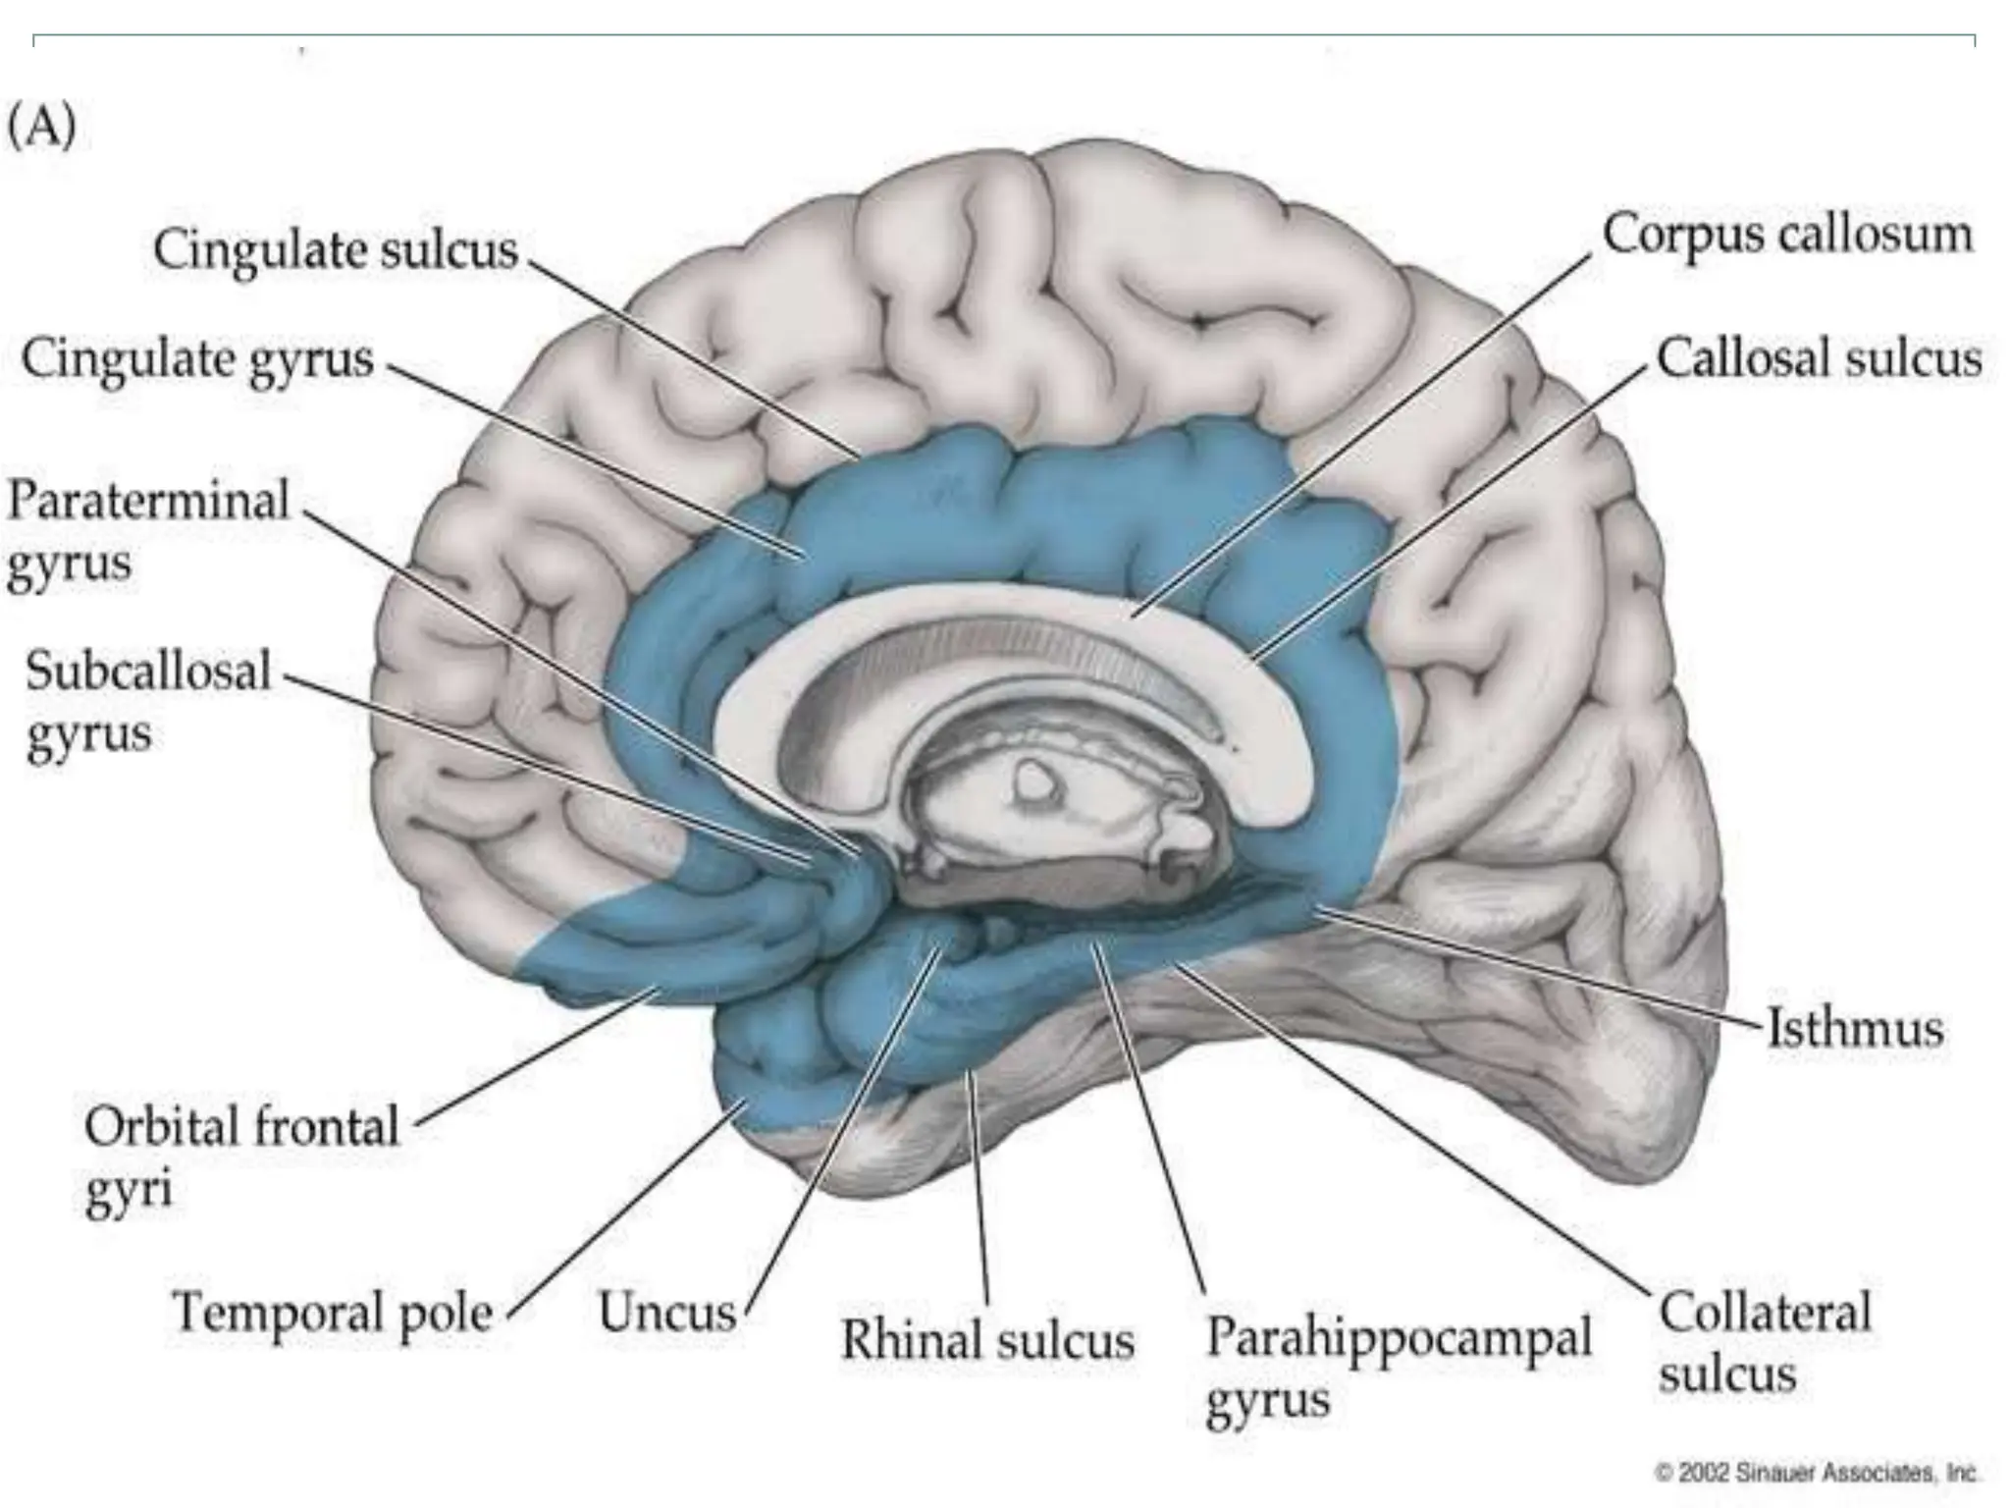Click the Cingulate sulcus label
(336, 249)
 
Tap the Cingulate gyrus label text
(198, 358)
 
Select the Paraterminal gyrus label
(147, 531)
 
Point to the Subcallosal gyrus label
(147, 701)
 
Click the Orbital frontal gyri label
(241, 1157)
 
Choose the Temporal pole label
(332, 1312)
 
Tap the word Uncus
(667, 1313)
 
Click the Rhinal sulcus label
(987, 1340)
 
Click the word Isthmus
(1855, 1029)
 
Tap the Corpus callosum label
(1786, 236)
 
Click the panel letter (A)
(41, 128)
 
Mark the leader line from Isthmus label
(1541, 969)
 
